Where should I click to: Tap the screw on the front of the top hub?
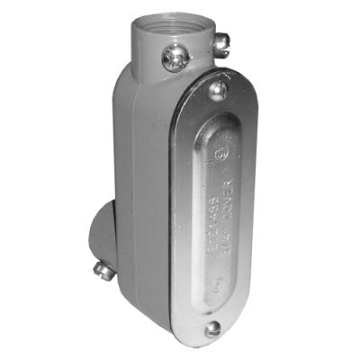174,60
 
